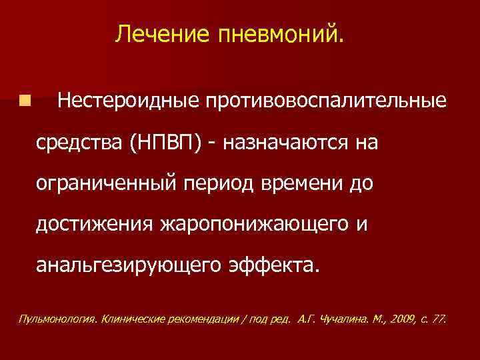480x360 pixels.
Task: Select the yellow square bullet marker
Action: pyautogui.click(x=25, y=101)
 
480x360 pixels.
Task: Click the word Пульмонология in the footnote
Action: pyautogui.click(x=56, y=319)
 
